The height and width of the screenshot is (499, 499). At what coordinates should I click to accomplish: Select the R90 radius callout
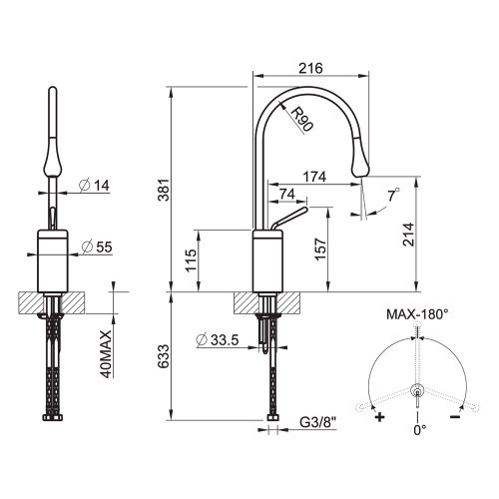point(299,120)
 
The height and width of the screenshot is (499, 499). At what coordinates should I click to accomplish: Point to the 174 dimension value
point(313,177)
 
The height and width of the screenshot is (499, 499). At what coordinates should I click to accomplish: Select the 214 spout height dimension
point(423,236)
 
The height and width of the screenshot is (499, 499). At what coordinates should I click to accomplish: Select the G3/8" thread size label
point(319,431)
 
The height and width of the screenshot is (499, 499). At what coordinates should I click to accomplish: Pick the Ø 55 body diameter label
point(97,246)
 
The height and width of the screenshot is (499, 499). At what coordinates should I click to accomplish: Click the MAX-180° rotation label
point(417,312)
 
